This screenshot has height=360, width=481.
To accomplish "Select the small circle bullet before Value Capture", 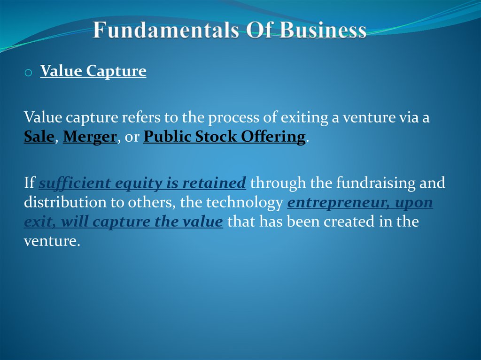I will [x=28, y=73].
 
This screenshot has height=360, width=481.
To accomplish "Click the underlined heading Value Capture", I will [x=93, y=71].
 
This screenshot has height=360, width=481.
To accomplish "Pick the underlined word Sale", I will [x=39, y=137].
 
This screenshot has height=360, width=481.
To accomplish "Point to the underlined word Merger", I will [x=90, y=137].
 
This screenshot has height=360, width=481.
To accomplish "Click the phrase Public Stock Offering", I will [x=224, y=137].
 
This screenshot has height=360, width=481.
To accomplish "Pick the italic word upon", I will [x=413, y=202].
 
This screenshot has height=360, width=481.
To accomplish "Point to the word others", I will [x=152, y=202].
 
